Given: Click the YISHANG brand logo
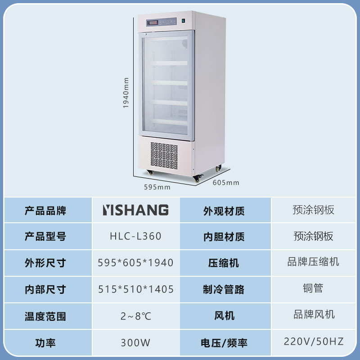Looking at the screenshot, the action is coord(135,210).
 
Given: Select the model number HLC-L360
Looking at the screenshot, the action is coord(135,236).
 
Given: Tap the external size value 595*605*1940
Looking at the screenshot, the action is coord(135,263).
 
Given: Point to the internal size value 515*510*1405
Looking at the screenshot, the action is coord(135,289).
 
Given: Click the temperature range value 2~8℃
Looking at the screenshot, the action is coord(135,316).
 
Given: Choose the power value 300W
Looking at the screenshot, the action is coord(135,342).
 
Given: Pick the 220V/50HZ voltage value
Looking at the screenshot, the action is coord(314,341).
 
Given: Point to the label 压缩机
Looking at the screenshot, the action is coord(224,263).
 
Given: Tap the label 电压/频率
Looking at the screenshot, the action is coord(224,343).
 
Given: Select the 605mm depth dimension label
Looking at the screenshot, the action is coord(226,182).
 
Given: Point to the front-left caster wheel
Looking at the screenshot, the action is coord(149,172).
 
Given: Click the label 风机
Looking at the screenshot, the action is coord(224,316).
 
